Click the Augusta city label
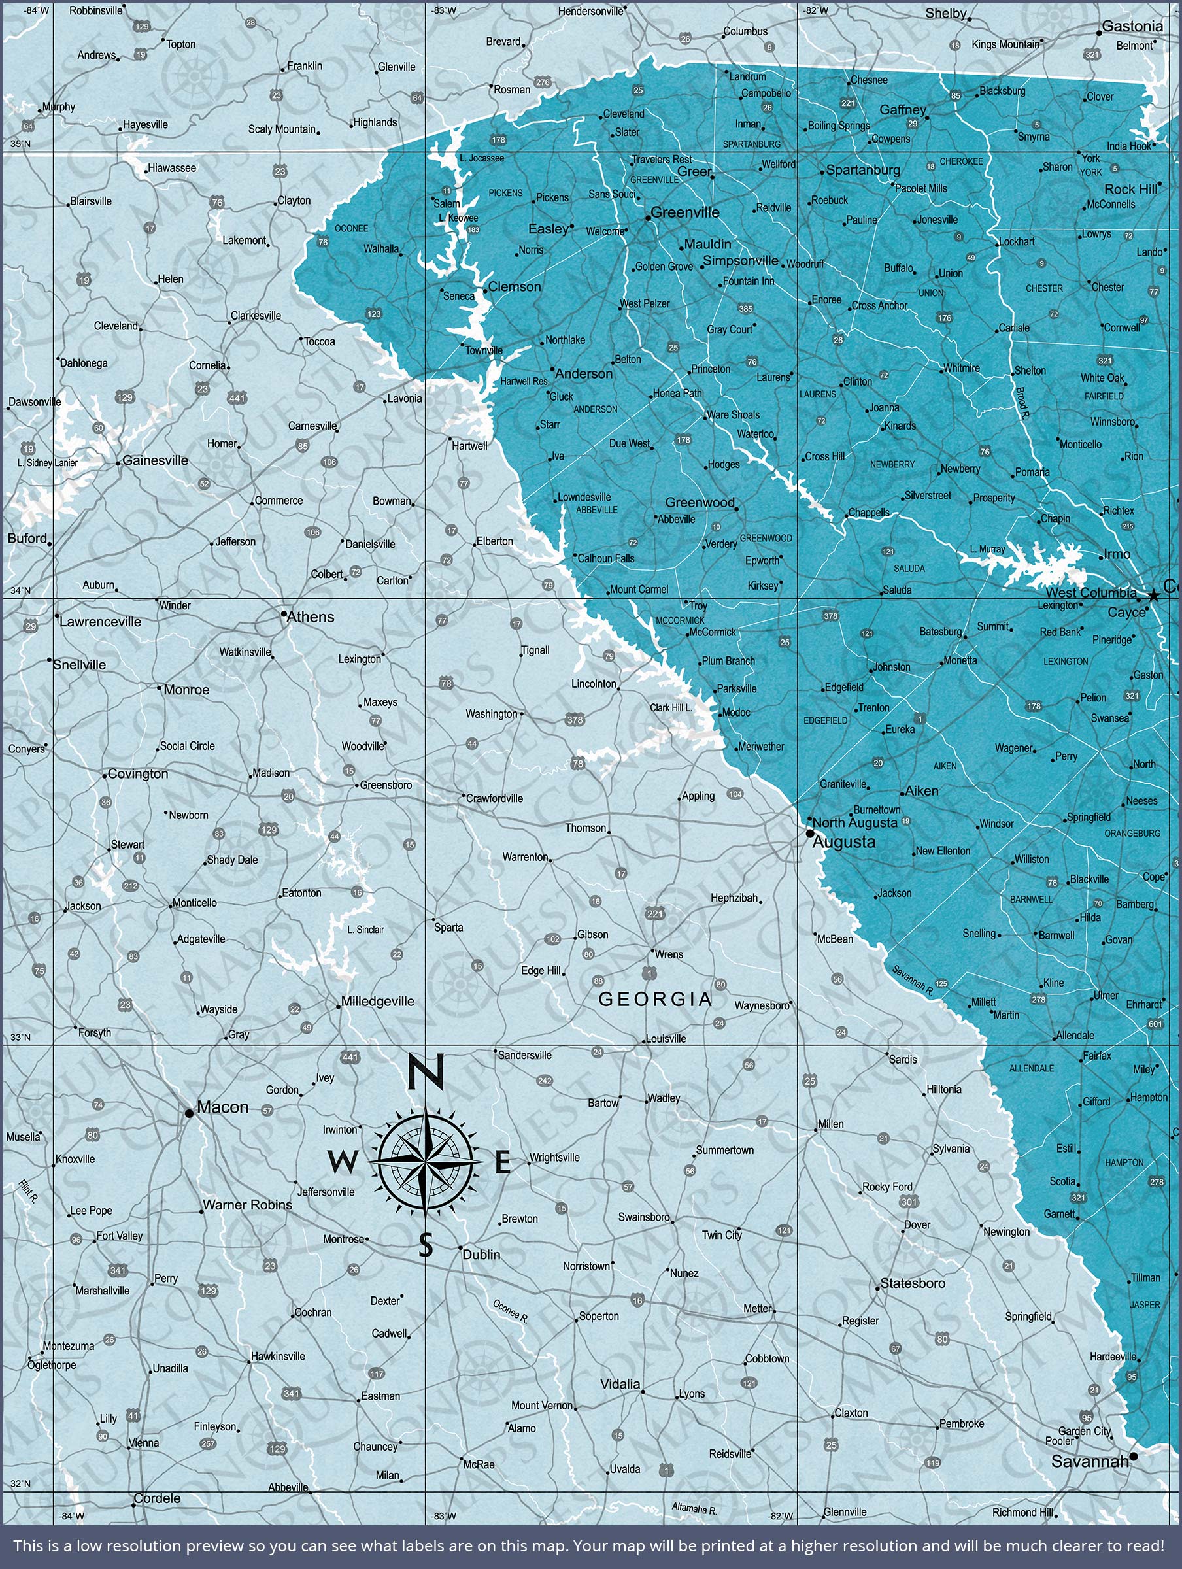coord(843,842)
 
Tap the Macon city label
coord(222,1107)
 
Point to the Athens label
coord(310,617)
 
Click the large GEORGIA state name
coord(655,1000)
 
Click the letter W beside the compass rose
coord(343,1162)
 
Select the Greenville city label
coord(684,212)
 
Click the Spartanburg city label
coord(863,170)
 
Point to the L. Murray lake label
coord(987,550)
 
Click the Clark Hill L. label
coord(671,708)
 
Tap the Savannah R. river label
coord(913,980)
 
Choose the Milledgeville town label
coord(377,1002)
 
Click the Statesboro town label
coord(913,1283)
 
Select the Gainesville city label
coord(156,460)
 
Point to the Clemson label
coord(515,286)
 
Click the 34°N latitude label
coord(20,590)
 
